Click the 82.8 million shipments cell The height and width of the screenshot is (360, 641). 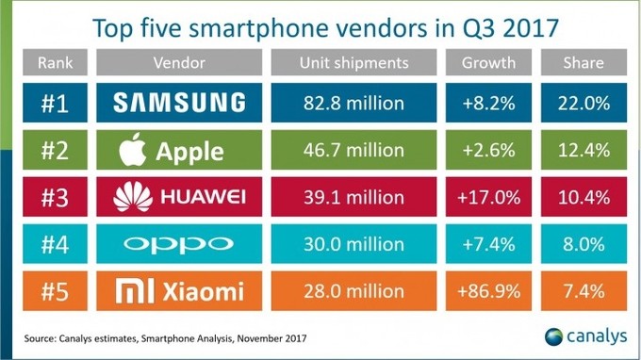[x=353, y=103]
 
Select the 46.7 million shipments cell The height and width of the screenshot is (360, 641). [x=353, y=150]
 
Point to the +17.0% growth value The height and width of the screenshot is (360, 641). [x=488, y=197]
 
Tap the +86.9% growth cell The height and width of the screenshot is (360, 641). [x=488, y=292]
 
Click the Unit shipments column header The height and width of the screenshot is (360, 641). [x=353, y=63]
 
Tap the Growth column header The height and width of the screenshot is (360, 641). [x=488, y=63]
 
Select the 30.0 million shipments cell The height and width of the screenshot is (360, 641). [x=353, y=244]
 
